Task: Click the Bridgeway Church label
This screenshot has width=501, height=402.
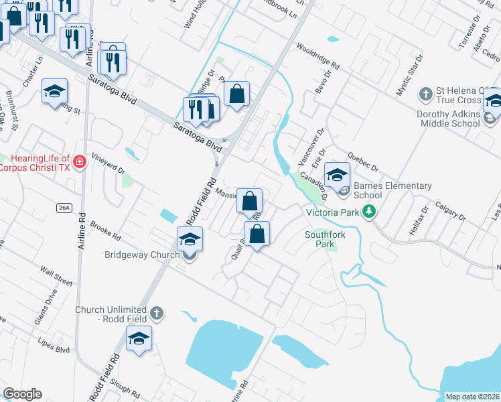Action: coord(142,255)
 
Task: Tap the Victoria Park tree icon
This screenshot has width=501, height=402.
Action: coord(368,212)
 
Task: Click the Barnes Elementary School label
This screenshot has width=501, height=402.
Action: coord(392,190)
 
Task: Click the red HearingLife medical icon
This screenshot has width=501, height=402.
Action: coord(80,162)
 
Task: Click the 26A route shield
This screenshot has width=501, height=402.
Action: coord(64,208)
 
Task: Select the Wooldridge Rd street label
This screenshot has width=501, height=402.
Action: coord(317,58)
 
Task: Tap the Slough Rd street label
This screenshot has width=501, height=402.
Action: coord(125,388)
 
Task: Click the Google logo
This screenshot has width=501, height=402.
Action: coord(22,394)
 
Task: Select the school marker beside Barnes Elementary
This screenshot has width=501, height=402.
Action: coord(338,176)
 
